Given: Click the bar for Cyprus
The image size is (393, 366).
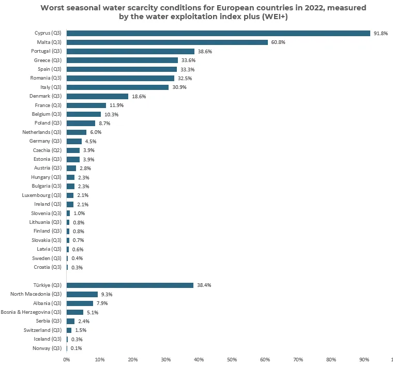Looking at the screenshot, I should [218, 33].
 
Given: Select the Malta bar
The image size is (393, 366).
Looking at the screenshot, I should [167, 42].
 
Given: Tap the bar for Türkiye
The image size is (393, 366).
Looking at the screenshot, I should [130, 285].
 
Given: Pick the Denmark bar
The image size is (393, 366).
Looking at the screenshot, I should [97, 96].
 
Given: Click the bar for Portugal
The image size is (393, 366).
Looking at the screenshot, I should [130, 51].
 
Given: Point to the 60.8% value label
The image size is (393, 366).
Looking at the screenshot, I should [278, 42].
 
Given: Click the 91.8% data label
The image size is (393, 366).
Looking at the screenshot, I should [381, 33].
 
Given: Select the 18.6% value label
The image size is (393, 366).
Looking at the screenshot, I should [139, 96].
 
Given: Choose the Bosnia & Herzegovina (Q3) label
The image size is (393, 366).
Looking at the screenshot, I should [31, 312].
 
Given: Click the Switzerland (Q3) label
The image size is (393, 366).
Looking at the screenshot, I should [42, 330].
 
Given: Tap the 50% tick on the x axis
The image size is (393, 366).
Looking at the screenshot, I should [232, 359].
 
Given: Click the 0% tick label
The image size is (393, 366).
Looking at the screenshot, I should [66, 359].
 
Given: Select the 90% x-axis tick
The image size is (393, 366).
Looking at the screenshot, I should [364, 359].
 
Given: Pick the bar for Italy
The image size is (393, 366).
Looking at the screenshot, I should [117, 87].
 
